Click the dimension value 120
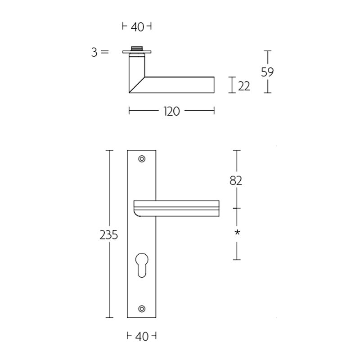(172, 111)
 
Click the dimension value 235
(109, 234)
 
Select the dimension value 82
(236, 180)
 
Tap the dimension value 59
(267, 72)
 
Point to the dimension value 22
(244, 85)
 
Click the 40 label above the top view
(137, 27)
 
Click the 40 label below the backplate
(142, 336)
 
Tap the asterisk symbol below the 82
(236, 233)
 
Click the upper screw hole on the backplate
(142, 158)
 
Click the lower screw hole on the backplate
(142, 308)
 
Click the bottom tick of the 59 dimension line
(268, 93)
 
